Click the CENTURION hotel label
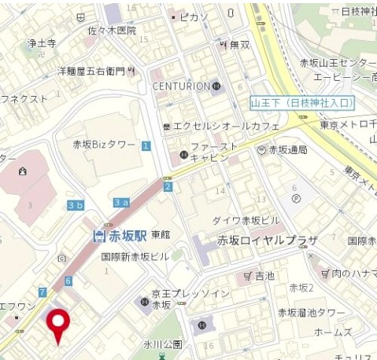click(x=181, y=86)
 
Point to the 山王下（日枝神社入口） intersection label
click(x=302, y=103)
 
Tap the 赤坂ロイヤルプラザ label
click(x=268, y=241)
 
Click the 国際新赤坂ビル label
click(x=135, y=256)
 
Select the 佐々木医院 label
click(x=111, y=31)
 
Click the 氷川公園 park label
click(x=163, y=344)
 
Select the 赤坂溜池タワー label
click(x=312, y=313)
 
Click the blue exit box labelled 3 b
click(x=76, y=206)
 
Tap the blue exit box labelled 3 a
click(x=121, y=203)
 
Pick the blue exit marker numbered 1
click(x=146, y=145)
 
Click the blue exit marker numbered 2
click(x=168, y=186)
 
